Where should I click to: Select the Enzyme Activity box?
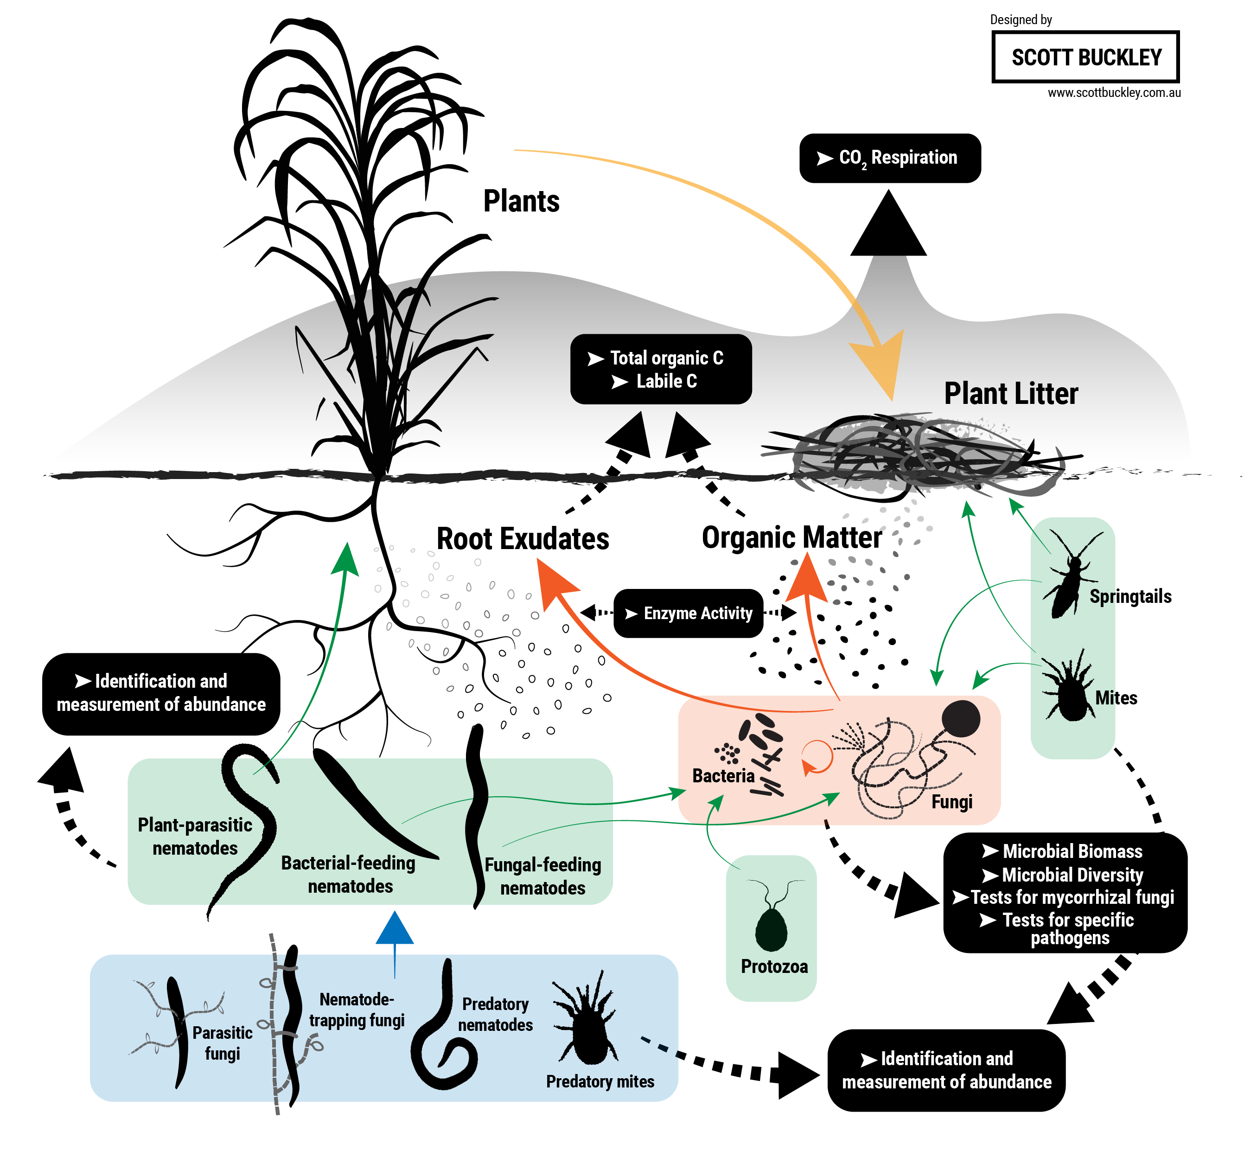pos(689,613)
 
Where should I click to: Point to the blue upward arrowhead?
pos(395,929)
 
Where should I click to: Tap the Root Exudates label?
pos(523,539)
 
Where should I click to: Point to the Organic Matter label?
pos(792,537)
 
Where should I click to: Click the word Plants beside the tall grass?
pos(521,201)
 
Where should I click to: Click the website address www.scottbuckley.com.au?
pos(1114,93)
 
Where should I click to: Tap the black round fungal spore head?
pos(960,718)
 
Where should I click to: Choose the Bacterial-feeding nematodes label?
pos(349,874)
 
